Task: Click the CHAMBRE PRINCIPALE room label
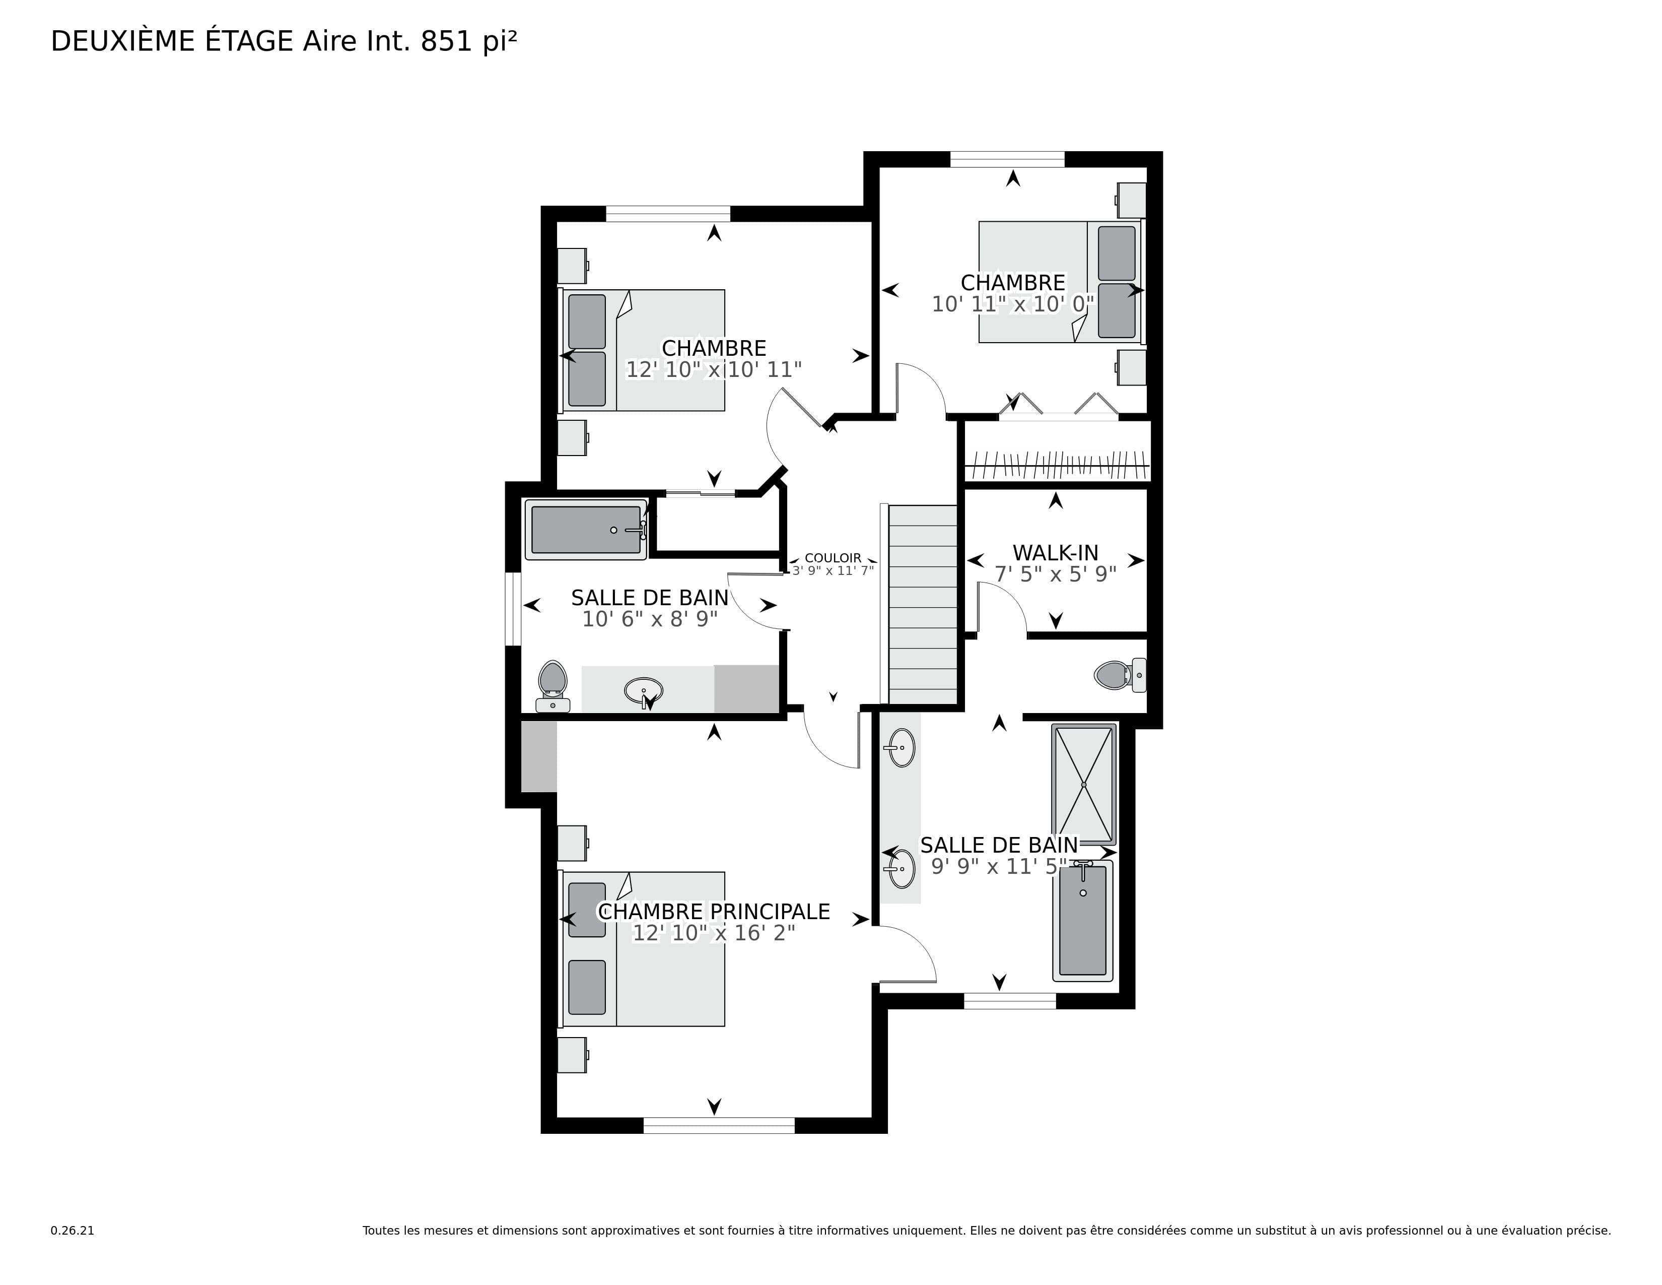point(714,911)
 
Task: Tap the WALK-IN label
point(1056,553)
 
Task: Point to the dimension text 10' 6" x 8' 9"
point(650,620)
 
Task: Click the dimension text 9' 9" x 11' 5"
point(999,866)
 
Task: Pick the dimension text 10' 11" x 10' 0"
point(1013,304)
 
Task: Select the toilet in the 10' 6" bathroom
point(552,686)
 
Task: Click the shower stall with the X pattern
point(1084,784)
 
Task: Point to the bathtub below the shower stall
point(1083,920)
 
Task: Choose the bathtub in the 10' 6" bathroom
point(585,530)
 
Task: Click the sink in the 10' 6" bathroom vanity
point(644,690)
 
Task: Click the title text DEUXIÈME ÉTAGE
point(172,41)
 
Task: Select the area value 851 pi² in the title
point(469,42)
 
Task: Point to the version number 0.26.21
point(73,1230)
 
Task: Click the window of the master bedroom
point(719,1125)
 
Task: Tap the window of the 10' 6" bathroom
point(514,609)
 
